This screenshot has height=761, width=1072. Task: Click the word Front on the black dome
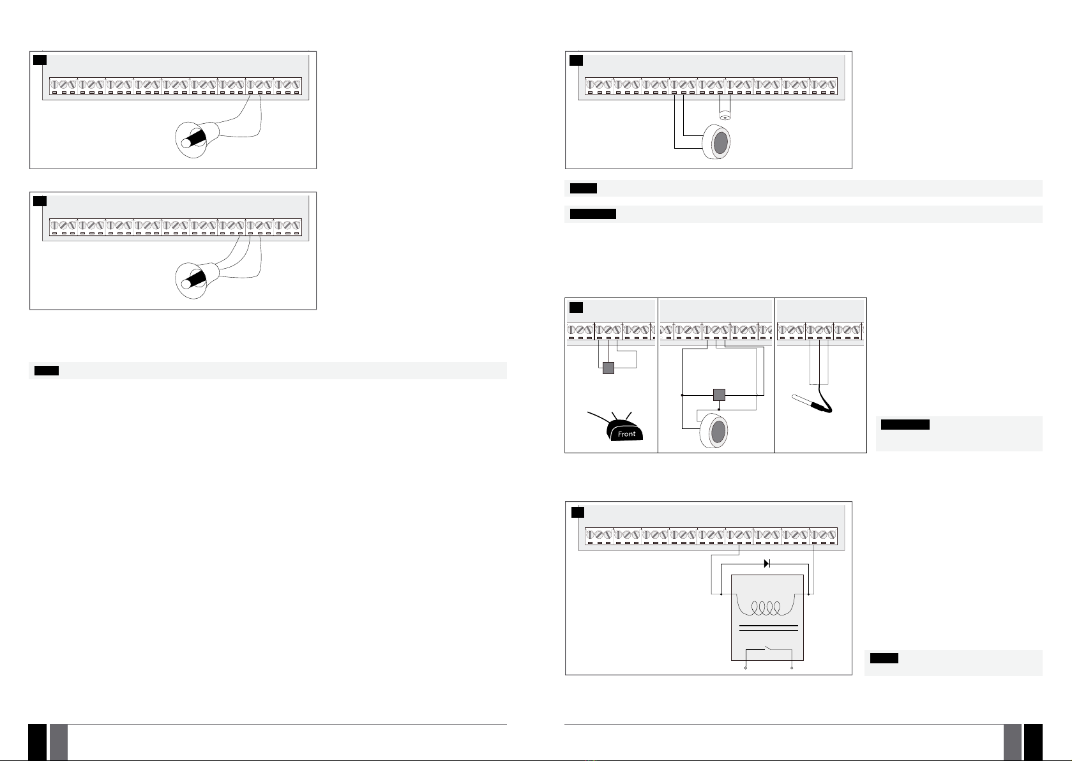coord(627,434)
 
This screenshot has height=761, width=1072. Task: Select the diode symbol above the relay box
coord(767,564)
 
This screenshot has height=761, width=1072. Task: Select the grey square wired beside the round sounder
coord(719,395)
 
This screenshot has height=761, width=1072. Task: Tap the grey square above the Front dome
coord(608,368)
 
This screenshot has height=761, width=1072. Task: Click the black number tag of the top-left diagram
coord(40,60)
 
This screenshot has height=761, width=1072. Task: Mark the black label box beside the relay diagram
coord(884,658)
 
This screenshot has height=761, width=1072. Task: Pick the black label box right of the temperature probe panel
coord(905,425)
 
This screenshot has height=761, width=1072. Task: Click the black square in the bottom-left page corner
coord(38,742)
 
